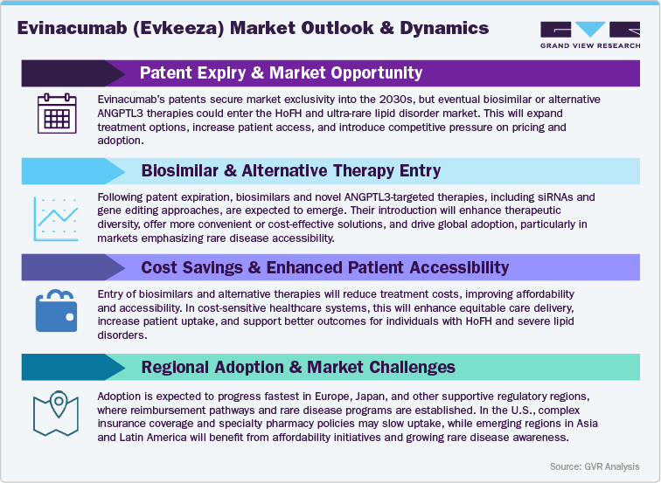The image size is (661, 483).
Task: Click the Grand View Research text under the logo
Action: click(x=582, y=45)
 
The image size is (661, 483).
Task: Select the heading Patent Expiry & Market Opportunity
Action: click(x=281, y=73)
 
